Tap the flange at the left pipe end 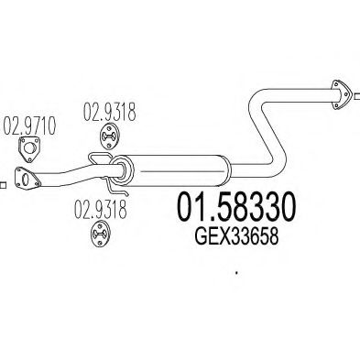click(x=27, y=179)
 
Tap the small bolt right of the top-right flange click(x=357, y=90)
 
